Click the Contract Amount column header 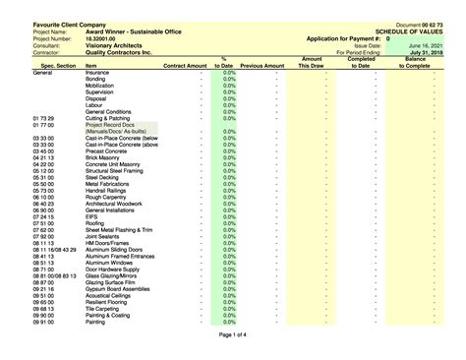(185, 65)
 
